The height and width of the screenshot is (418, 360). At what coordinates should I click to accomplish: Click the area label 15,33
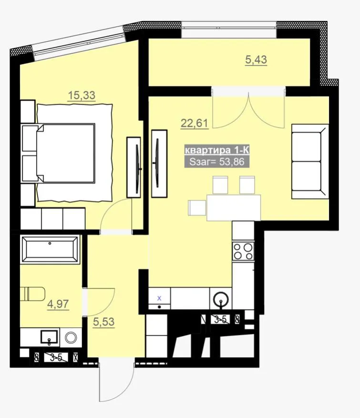(82, 95)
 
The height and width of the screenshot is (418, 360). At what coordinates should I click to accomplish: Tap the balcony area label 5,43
(256, 60)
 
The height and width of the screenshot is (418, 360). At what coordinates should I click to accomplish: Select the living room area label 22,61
(194, 124)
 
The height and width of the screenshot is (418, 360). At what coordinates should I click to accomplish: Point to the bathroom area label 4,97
(58, 304)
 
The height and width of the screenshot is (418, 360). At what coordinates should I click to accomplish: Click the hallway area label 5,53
(103, 322)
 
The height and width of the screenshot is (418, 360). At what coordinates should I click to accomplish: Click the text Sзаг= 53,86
(217, 162)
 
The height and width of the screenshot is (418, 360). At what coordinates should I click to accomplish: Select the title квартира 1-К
(217, 150)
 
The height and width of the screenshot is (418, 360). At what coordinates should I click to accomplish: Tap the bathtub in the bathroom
(50, 250)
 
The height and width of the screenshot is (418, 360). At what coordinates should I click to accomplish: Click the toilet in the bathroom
(32, 293)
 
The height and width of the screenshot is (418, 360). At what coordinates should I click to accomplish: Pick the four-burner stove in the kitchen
(243, 251)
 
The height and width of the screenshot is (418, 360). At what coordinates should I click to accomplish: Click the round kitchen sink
(221, 300)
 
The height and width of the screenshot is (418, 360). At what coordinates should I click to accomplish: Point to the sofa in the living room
(310, 162)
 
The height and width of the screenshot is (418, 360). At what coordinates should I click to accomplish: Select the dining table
(234, 208)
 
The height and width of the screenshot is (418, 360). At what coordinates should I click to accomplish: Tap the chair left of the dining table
(197, 208)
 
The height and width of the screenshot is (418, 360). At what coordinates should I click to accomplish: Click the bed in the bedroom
(67, 153)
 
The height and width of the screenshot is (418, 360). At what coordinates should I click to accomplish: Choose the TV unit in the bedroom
(134, 167)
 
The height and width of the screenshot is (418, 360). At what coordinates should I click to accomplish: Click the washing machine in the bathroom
(71, 338)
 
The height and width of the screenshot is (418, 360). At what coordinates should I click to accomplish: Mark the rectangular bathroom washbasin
(49, 337)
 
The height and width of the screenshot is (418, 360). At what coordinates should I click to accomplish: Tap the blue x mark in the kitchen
(159, 298)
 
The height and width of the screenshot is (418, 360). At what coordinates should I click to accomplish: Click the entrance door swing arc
(125, 392)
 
